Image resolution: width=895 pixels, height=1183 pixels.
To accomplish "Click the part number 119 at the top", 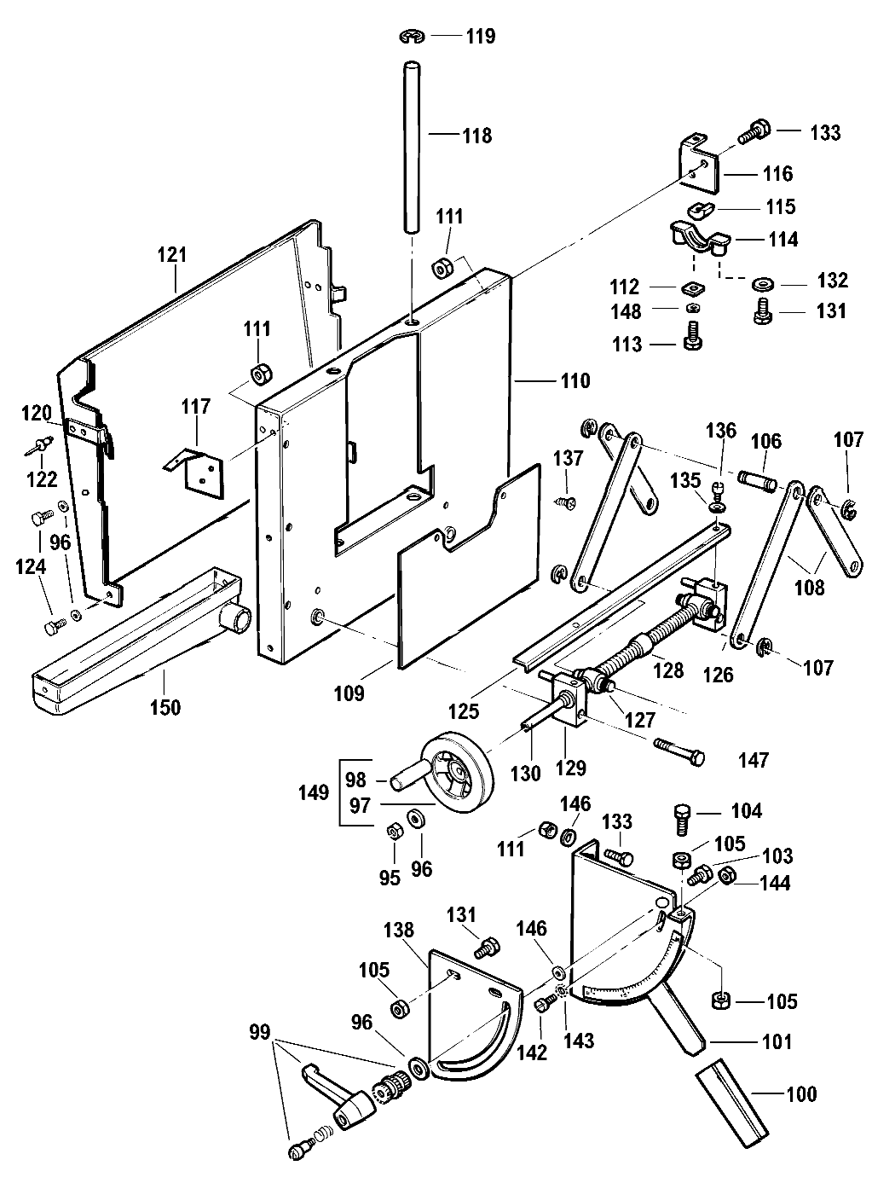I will [480, 37].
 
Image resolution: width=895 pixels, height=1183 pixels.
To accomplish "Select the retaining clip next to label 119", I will [411, 36].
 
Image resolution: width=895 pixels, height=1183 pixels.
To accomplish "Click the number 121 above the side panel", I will [172, 254].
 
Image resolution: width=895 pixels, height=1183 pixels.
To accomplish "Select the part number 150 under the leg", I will [165, 706].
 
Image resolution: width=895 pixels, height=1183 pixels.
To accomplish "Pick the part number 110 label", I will [575, 381].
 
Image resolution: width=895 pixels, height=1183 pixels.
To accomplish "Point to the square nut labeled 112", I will [693, 287].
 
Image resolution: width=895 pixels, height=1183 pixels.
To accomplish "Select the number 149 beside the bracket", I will [314, 792].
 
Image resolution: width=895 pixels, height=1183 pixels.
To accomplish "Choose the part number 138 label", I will [399, 929].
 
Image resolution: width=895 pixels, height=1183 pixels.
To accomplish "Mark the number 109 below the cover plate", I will [348, 693].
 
